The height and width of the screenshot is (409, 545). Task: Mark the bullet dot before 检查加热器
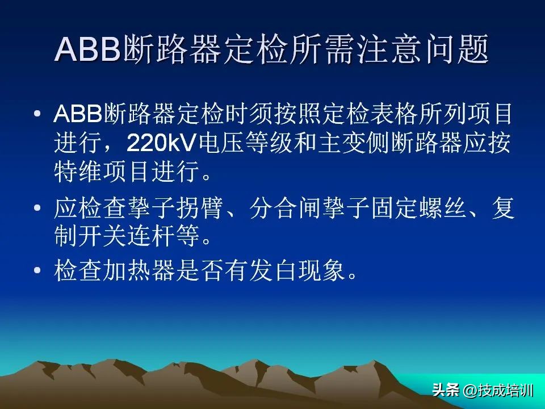(x=37, y=272)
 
